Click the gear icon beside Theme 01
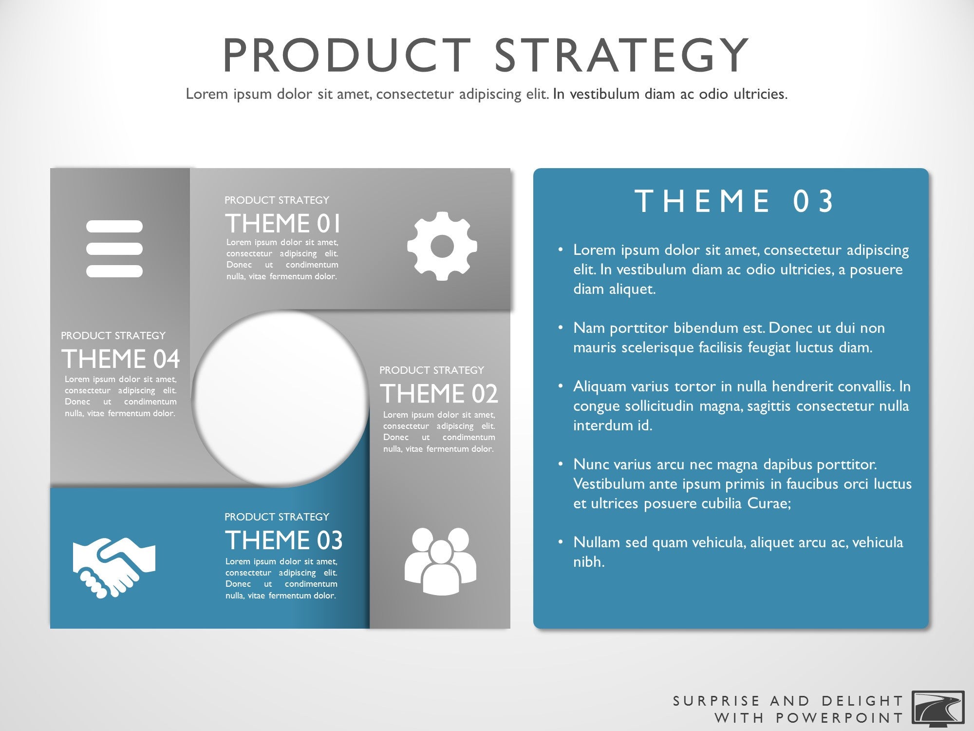(442, 246)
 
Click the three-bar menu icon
(114, 249)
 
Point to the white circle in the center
(281, 399)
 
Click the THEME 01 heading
(283, 224)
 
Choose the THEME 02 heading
(439, 394)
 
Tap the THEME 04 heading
(121, 359)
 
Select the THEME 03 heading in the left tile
(284, 540)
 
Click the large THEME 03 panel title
(734, 201)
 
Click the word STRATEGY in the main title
(621, 55)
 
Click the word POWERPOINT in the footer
(840, 718)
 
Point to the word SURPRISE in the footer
(716, 701)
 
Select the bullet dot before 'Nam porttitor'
(561, 328)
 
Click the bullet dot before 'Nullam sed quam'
(561, 542)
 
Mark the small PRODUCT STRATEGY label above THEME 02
(431, 370)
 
